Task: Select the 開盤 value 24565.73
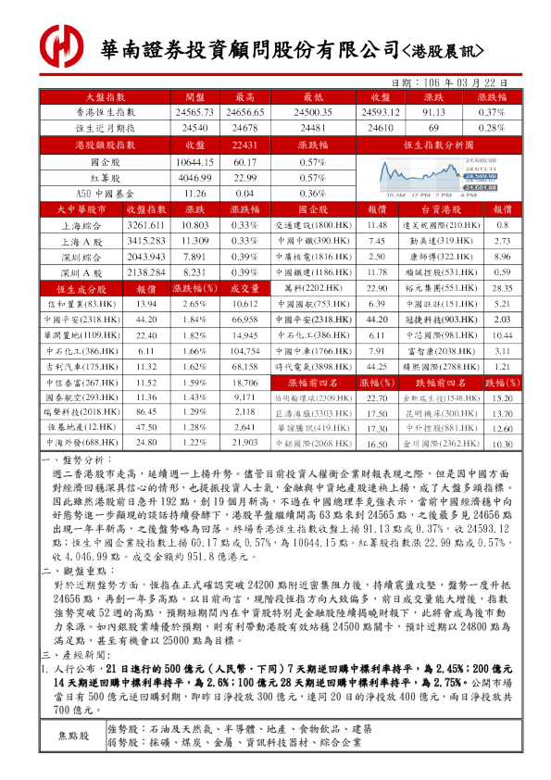194,112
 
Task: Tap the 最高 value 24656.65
245,112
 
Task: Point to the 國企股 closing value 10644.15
194,161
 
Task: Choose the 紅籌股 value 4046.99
194,177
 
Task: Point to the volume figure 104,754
245,351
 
